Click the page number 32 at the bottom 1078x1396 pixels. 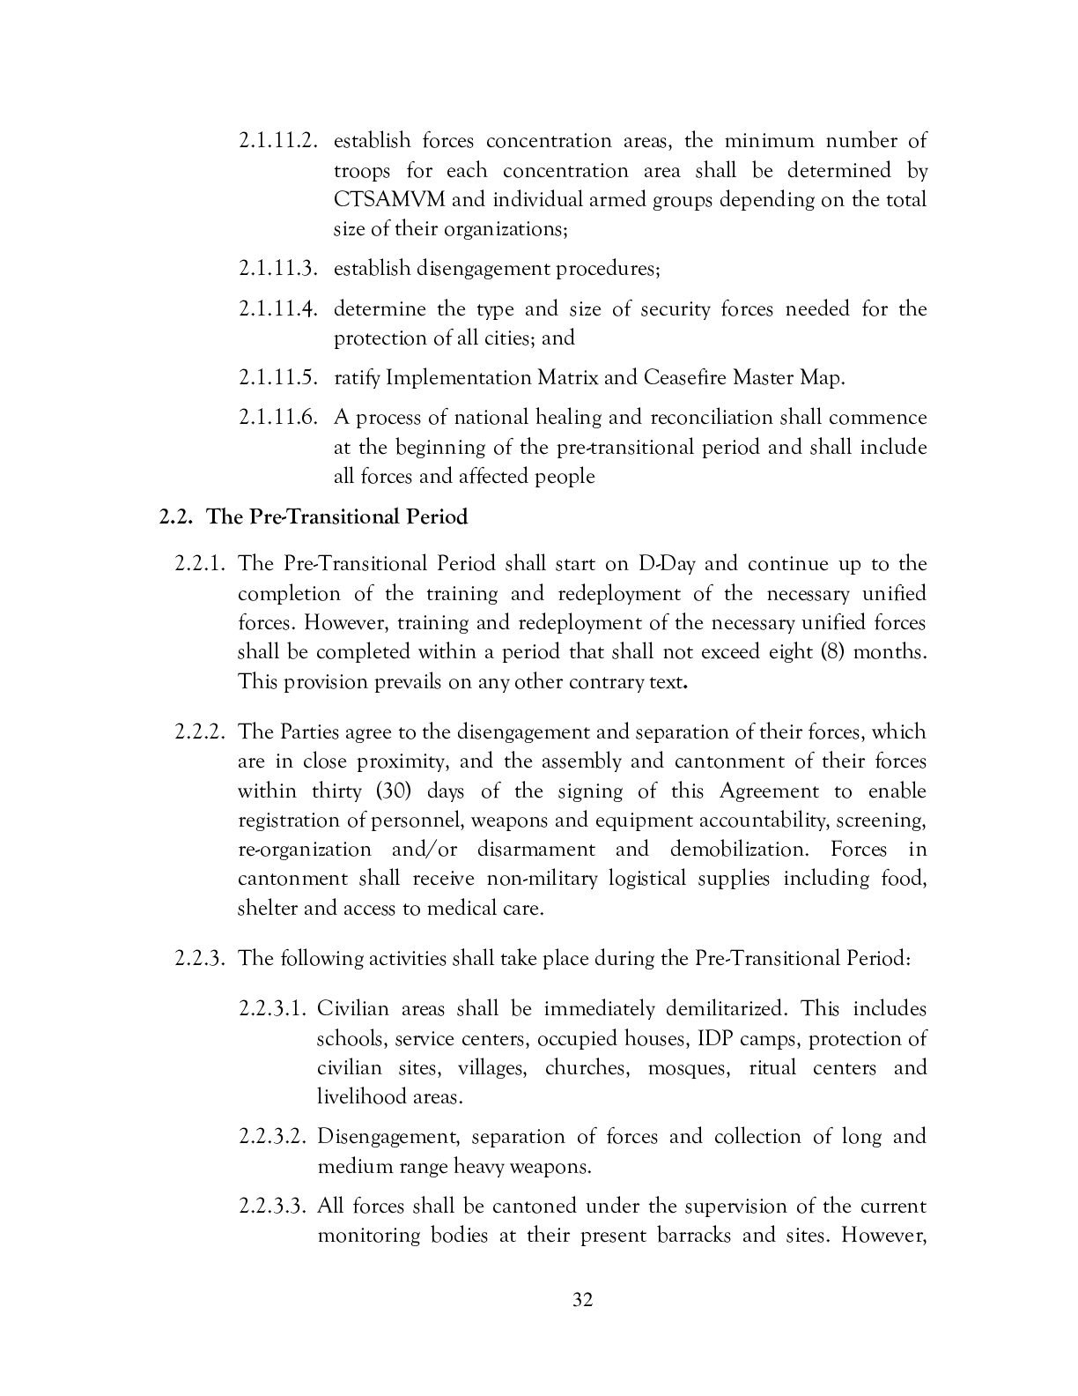[x=582, y=1300]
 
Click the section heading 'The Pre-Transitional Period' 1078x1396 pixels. [x=336, y=516]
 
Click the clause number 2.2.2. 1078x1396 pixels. [x=202, y=731]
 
